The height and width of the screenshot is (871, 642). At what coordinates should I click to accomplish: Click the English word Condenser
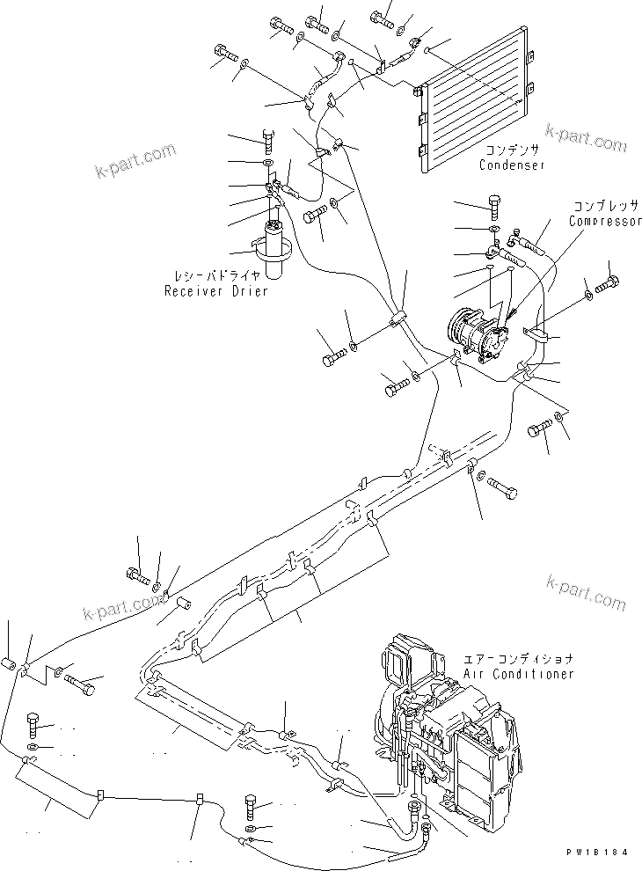(513, 165)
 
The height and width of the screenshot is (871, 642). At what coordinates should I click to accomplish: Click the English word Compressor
(605, 221)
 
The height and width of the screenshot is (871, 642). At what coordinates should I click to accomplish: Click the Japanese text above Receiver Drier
(215, 275)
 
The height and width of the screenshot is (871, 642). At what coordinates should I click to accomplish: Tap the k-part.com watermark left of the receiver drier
(136, 160)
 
